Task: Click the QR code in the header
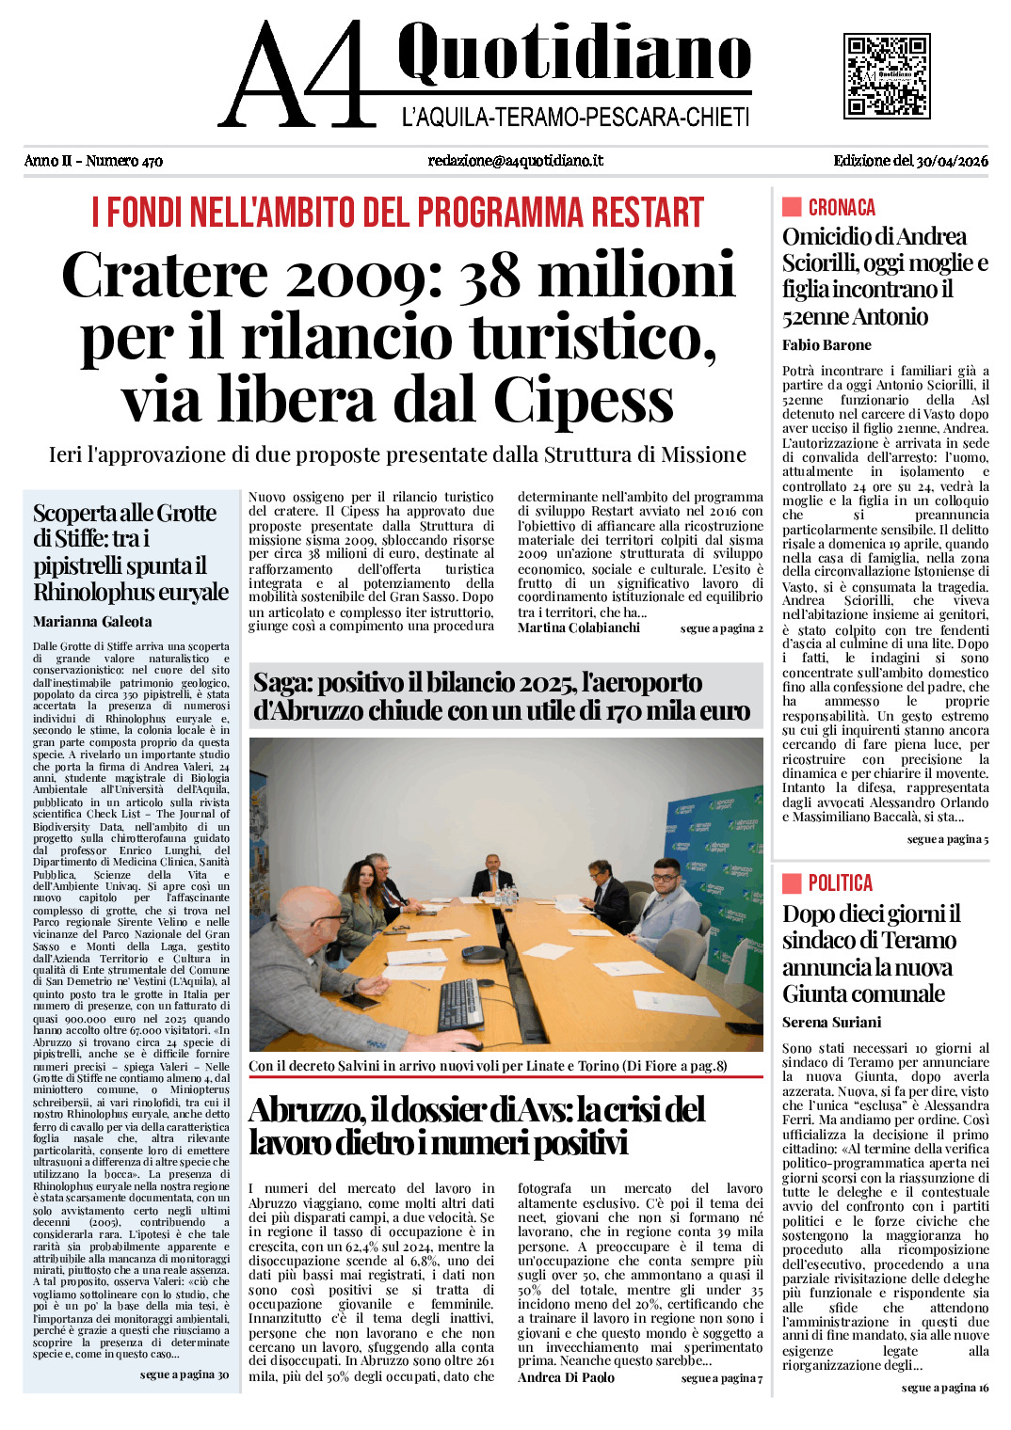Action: point(887,76)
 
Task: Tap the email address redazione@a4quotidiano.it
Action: point(515,161)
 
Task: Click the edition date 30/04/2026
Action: point(952,161)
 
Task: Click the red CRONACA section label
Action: point(841,208)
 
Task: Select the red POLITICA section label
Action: point(840,883)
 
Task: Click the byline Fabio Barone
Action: point(826,345)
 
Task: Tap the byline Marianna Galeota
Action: point(92,622)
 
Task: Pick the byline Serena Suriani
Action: point(832,1023)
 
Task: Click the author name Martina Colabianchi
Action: point(579,628)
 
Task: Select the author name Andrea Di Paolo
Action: point(566,1377)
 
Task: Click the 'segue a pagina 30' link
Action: point(185,1374)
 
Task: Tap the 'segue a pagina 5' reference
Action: point(948,839)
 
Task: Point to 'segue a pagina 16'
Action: point(945,1388)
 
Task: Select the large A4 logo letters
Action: point(293,77)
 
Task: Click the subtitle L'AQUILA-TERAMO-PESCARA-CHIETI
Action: point(575,118)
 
